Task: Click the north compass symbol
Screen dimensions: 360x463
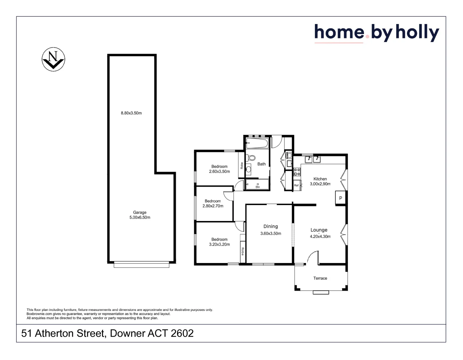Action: pyautogui.click(x=53, y=59)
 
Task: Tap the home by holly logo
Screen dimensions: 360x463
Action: pyautogui.click(x=377, y=33)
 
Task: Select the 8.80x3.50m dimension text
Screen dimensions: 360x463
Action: pyautogui.click(x=131, y=113)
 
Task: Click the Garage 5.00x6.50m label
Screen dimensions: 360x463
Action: pyautogui.click(x=140, y=215)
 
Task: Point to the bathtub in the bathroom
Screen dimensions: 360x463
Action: pyautogui.click(x=257, y=144)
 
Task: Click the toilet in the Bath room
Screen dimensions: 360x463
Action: pyautogui.click(x=252, y=158)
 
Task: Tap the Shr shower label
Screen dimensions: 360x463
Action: pyautogui.click(x=257, y=187)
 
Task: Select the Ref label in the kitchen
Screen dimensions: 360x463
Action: pyautogui.click(x=296, y=185)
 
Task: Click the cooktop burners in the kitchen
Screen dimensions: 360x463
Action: pyautogui.click(x=297, y=172)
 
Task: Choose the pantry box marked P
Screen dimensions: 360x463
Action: pyautogui.click(x=340, y=198)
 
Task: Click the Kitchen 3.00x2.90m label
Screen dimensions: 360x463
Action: pyautogui.click(x=320, y=181)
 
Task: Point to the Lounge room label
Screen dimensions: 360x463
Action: pyautogui.click(x=319, y=230)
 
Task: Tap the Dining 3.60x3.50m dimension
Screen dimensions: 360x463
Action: pyautogui.click(x=271, y=233)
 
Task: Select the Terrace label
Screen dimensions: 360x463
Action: pyautogui.click(x=320, y=278)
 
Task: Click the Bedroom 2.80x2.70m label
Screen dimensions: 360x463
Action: pyautogui.click(x=213, y=204)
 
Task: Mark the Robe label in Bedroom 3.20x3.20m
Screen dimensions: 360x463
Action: pyautogui.click(x=243, y=251)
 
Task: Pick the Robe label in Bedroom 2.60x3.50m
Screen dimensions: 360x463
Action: pyautogui.click(x=242, y=165)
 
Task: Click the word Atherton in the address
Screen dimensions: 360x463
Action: pyautogui.click(x=54, y=333)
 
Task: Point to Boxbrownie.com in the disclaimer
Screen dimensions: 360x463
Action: pyautogui.click(x=39, y=314)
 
